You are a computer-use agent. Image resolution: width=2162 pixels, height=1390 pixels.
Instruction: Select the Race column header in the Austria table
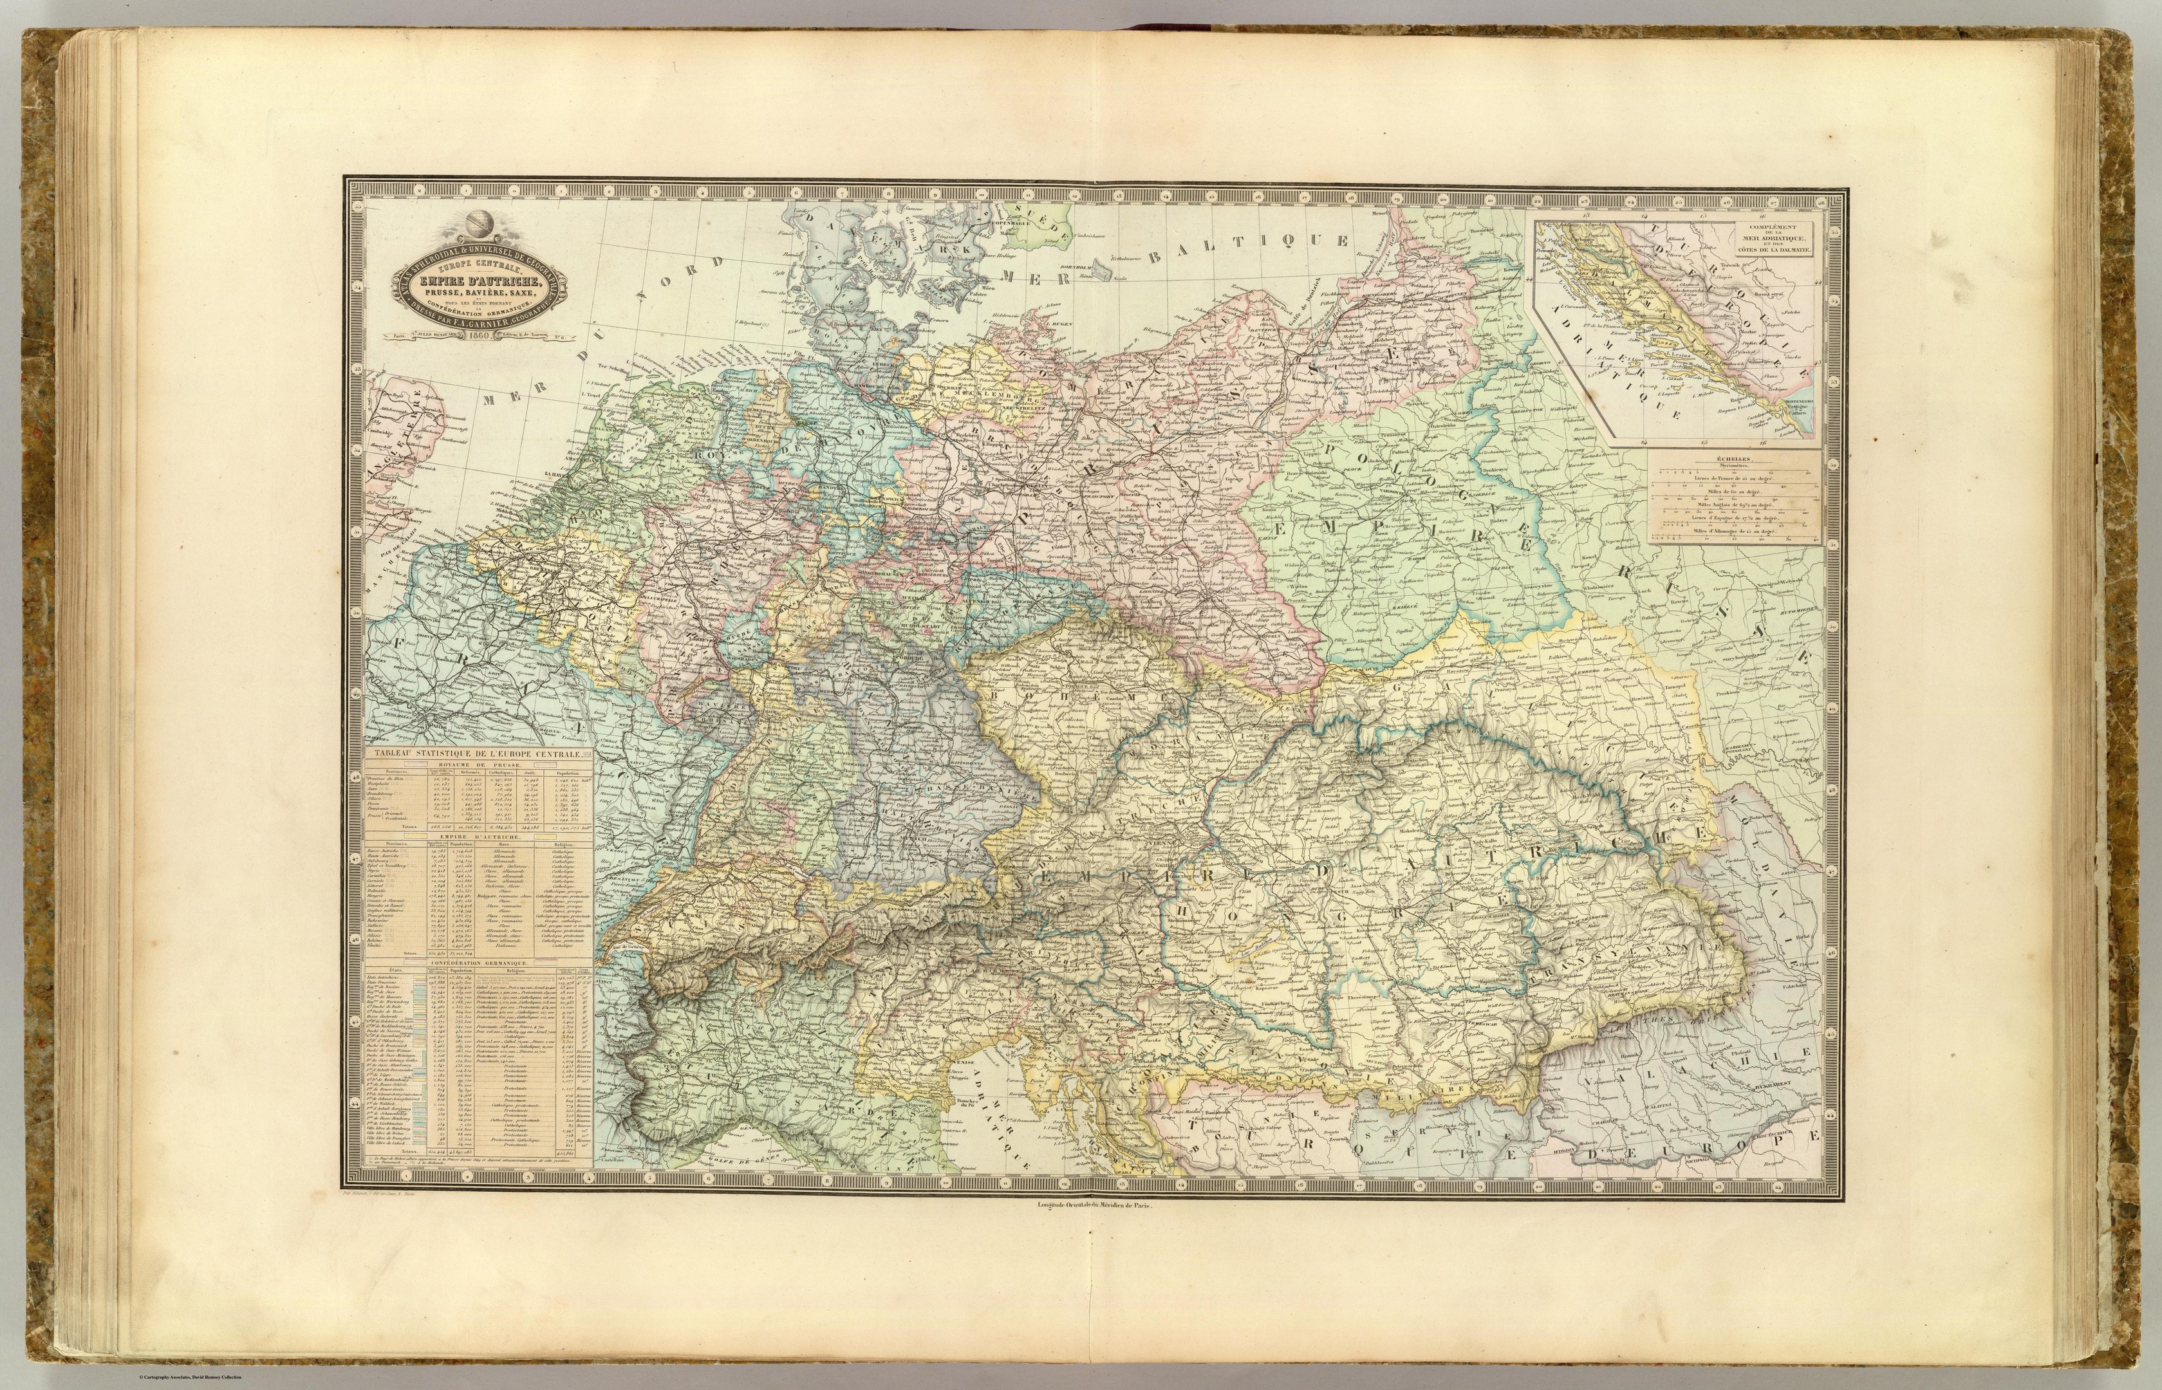[505, 845]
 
